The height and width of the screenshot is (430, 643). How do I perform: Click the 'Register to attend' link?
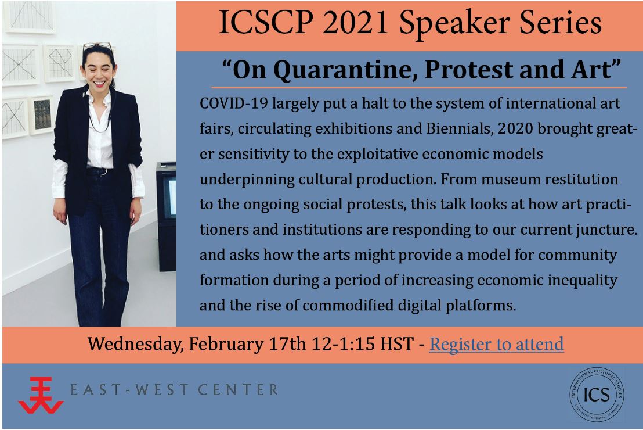[x=496, y=344]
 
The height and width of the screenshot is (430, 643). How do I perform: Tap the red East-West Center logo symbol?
[x=41, y=395]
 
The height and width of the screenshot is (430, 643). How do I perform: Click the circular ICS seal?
[x=597, y=395]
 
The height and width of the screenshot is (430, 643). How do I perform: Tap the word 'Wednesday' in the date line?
[x=135, y=344]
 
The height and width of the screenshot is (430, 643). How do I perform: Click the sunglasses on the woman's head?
[x=97, y=46]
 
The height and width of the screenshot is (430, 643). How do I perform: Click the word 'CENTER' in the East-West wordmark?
[x=239, y=390]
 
